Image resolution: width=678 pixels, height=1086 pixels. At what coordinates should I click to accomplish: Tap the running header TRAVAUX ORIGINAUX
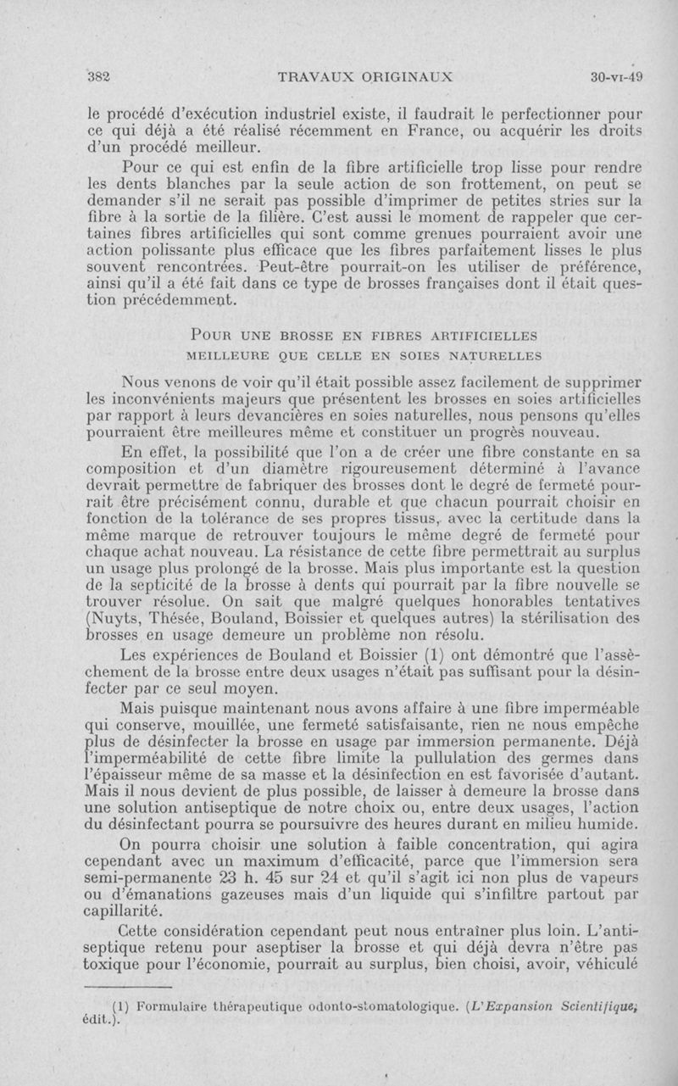pyautogui.click(x=367, y=75)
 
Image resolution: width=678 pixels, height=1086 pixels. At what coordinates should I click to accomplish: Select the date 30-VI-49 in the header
pyautogui.click(x=617, y=75)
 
